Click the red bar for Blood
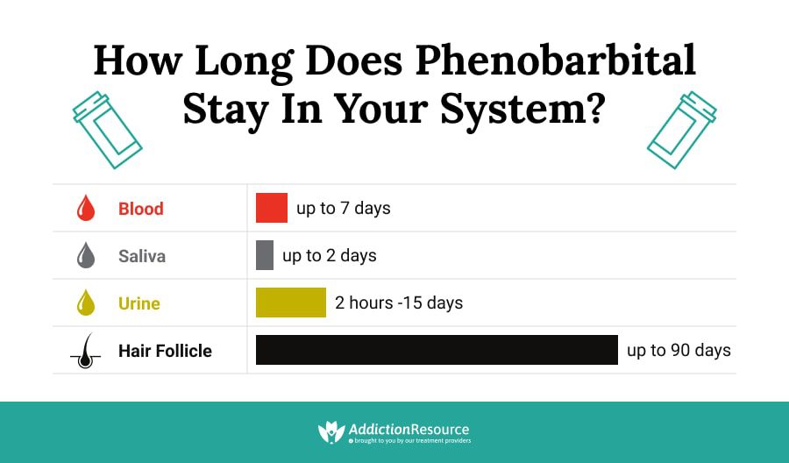[x=272, y=208]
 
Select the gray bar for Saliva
[x=265, y=255]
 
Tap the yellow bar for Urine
[x=291, y=303]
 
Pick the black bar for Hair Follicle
[x=437, y=350]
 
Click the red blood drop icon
[x=86, y=209]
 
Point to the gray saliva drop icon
[x=86, y=256]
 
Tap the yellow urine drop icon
[x=86, y=303]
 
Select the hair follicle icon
[x=85, y=351]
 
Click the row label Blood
[x=141, y=209]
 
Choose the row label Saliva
[x=142, y=256]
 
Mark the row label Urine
[x=139, y=303]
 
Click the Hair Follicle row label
[x=165, y=351]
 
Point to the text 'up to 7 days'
[x=344, y=208]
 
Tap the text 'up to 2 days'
[x=330, y=255]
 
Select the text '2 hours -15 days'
[x=399, y=303]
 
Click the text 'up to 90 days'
[x=679, y=350]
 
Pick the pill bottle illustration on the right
[x=682, y=130]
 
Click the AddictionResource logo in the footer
[x=394, y=431]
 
